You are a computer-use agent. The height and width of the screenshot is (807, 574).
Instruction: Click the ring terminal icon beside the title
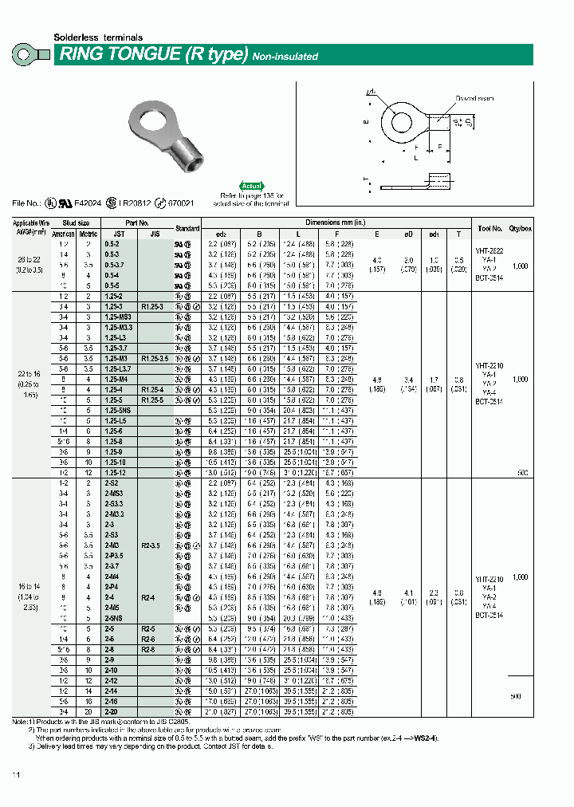29,55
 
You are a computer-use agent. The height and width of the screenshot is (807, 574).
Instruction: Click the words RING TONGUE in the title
120,55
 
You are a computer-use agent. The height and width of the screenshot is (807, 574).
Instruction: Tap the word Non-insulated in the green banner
285,57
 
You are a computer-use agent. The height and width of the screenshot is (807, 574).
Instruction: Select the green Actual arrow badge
251,185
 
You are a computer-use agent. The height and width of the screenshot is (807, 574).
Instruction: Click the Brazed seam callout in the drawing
474,98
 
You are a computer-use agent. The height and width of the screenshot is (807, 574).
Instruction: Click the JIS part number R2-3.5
151,545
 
